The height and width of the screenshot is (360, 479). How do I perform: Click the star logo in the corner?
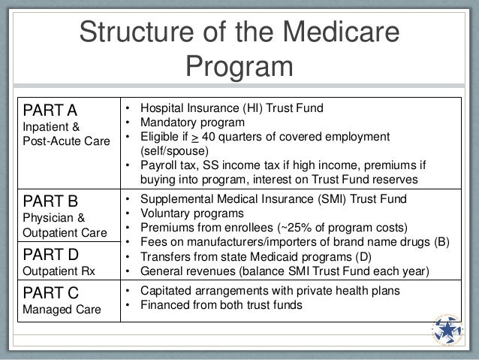pyautogui.click(x=455, y=331)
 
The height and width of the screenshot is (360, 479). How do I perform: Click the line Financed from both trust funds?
pyautogui.click(x=215, y=304)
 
